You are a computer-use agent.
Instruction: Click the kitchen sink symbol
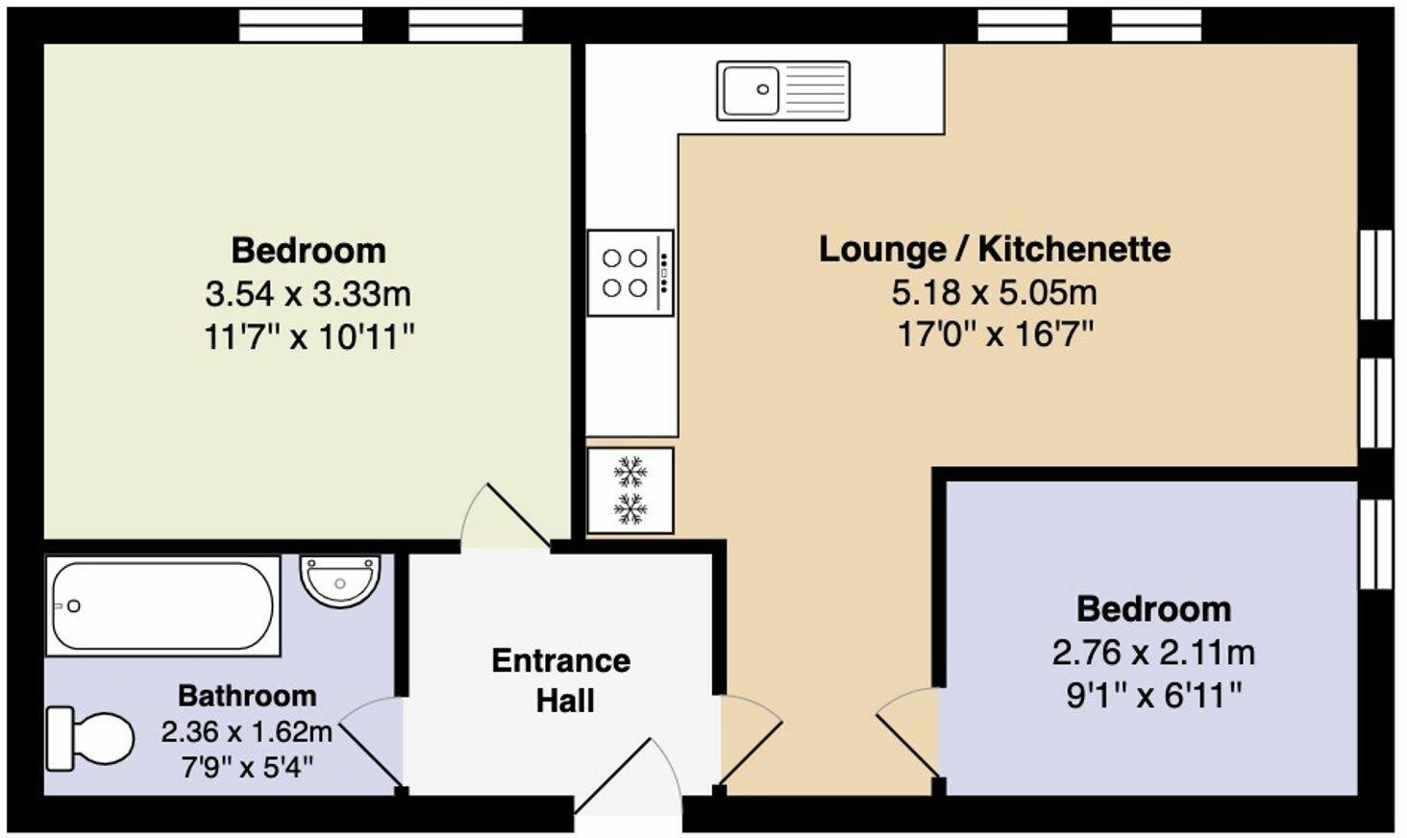(x=782, y=90)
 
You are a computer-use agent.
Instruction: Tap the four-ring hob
(x=630, y=273)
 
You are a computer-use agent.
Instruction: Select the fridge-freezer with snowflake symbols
(x=630, y=490)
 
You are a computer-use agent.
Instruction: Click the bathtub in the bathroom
(x=162, y=606)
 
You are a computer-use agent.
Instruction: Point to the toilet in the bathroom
(x=90, y=738)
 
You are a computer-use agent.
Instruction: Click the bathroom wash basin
(x=340, y=580)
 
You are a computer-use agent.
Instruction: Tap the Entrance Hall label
(x=561, y=680)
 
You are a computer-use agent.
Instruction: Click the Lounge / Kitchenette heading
(x=994, y=249)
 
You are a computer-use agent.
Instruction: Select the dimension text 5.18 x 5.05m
(x=994, y=291)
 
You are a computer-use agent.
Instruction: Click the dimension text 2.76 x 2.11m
(x=1153, y=653)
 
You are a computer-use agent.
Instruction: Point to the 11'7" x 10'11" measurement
(x=309, y=336)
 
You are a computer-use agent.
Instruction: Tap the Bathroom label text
(x=247, y=695)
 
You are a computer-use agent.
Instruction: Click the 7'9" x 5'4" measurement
(x=247, y=768)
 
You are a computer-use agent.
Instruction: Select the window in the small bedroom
(x=1375, y=544)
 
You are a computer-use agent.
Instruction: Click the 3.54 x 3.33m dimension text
(x=309, y=293)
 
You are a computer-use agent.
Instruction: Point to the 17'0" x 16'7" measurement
(x=994, y=334)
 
